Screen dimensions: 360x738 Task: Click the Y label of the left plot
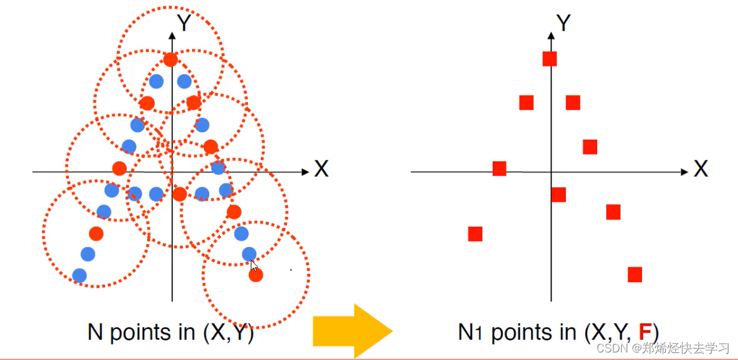[184, 23]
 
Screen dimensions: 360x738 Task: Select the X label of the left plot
[321, 169]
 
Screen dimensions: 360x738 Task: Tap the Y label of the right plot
[564, 23]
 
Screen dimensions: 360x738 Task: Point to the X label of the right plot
[701, 169]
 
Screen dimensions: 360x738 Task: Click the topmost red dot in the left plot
[170, 60]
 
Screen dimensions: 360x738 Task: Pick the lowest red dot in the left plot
[256, 275]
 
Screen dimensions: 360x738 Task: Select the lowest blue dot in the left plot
[80, 275]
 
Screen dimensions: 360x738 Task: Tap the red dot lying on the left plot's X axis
[119, 169]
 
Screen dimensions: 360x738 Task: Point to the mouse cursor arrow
[253, 266]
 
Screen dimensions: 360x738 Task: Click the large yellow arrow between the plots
[353, 330]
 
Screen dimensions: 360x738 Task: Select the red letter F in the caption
[645, 332]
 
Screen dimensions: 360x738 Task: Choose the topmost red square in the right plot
[550, 59]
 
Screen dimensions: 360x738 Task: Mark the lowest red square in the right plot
[635, 275]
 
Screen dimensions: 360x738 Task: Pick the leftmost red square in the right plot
[475, 234]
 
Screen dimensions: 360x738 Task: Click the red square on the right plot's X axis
[499, 169]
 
